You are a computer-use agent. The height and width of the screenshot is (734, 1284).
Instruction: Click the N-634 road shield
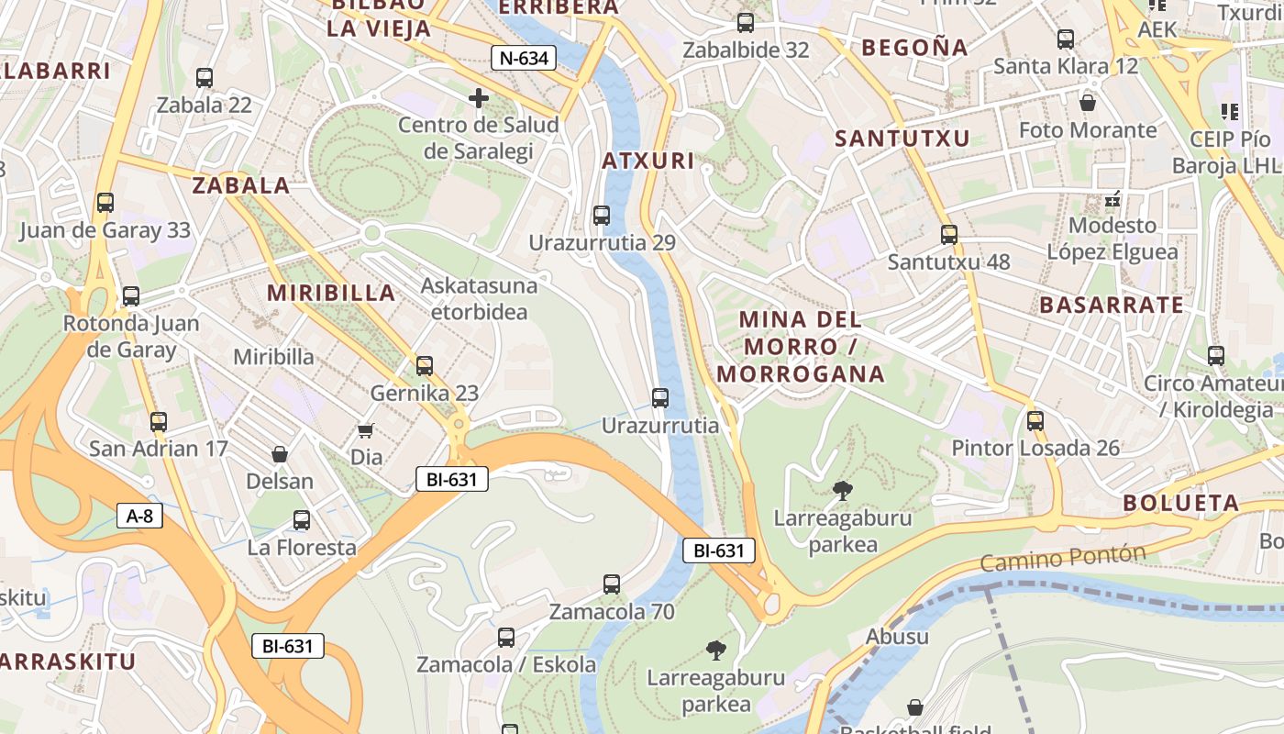(524, 59)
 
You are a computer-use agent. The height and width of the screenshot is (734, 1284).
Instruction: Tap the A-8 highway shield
(139, 516)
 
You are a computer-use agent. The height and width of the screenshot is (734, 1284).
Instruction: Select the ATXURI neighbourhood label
(648, 161)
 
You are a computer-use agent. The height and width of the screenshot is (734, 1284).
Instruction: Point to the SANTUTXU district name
(902, 139)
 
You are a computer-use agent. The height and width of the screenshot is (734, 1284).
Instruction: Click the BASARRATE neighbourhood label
(1111, 306)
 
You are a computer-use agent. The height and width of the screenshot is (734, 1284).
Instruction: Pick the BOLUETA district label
(1181, 503)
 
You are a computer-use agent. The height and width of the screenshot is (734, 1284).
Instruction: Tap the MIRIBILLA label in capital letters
(331, 294)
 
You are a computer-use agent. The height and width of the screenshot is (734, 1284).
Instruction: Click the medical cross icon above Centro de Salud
(478, 97)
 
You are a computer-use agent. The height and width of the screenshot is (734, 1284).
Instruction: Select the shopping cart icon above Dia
(366, 429)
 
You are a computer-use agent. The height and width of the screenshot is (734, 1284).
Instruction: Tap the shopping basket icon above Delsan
(280, 454)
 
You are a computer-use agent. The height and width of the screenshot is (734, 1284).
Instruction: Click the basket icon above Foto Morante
(1088, 102)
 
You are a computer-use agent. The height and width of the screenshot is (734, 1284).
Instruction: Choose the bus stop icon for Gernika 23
(424, 365)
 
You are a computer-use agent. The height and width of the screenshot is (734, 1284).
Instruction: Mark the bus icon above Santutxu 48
(948, 234)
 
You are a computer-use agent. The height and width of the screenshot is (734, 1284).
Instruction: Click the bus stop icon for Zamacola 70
(611, 584)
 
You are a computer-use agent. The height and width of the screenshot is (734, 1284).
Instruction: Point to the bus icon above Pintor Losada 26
(1035, 420)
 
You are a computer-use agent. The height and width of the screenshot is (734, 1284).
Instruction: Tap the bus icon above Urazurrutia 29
(601, 216)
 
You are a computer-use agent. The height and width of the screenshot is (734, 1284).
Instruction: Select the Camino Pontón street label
(1063, 557)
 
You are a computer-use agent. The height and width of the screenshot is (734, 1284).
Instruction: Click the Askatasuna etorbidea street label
(479, 299)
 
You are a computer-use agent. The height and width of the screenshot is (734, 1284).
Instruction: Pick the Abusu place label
(897, 636)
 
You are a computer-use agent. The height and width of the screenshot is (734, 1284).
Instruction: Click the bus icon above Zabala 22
(204, 78)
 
